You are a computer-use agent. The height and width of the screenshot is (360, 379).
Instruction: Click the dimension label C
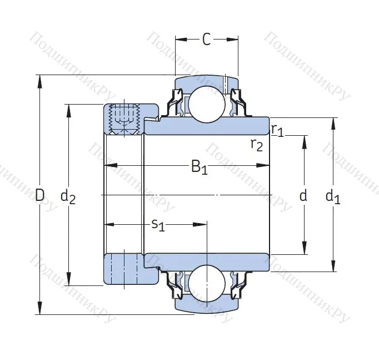pos(206,40)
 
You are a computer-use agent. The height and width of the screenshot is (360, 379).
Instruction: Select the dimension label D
pos(39,195)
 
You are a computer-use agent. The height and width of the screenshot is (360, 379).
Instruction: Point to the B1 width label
pos(198,166)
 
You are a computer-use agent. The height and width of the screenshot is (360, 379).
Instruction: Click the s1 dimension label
pos(158,225)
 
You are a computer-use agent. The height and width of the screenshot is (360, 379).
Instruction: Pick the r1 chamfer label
pos(277,130)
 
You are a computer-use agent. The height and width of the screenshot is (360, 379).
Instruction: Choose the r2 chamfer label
pos(257,145)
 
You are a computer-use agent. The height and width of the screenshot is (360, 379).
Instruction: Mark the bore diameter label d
pos(303,195)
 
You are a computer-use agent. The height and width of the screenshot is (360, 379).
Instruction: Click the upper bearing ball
pos(207,103)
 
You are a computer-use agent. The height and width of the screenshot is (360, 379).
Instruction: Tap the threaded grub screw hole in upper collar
pos(124,119)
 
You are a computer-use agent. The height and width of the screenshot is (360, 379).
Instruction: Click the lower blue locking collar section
pos(123,269)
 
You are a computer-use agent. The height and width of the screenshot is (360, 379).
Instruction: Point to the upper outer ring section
pos(207,82)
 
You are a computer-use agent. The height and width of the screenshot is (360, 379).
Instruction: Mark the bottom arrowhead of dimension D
pos(39,309)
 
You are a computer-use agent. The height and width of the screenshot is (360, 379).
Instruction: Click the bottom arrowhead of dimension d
pos(304,249)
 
